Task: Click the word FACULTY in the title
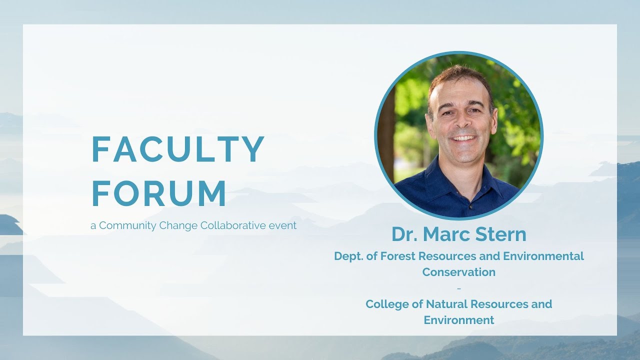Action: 177,149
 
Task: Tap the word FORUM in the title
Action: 159,194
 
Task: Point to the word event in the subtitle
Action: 282,225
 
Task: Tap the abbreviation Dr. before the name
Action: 404,234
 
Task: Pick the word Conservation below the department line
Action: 459,272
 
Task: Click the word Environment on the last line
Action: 459,320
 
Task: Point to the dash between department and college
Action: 459,288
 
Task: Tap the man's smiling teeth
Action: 464,138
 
